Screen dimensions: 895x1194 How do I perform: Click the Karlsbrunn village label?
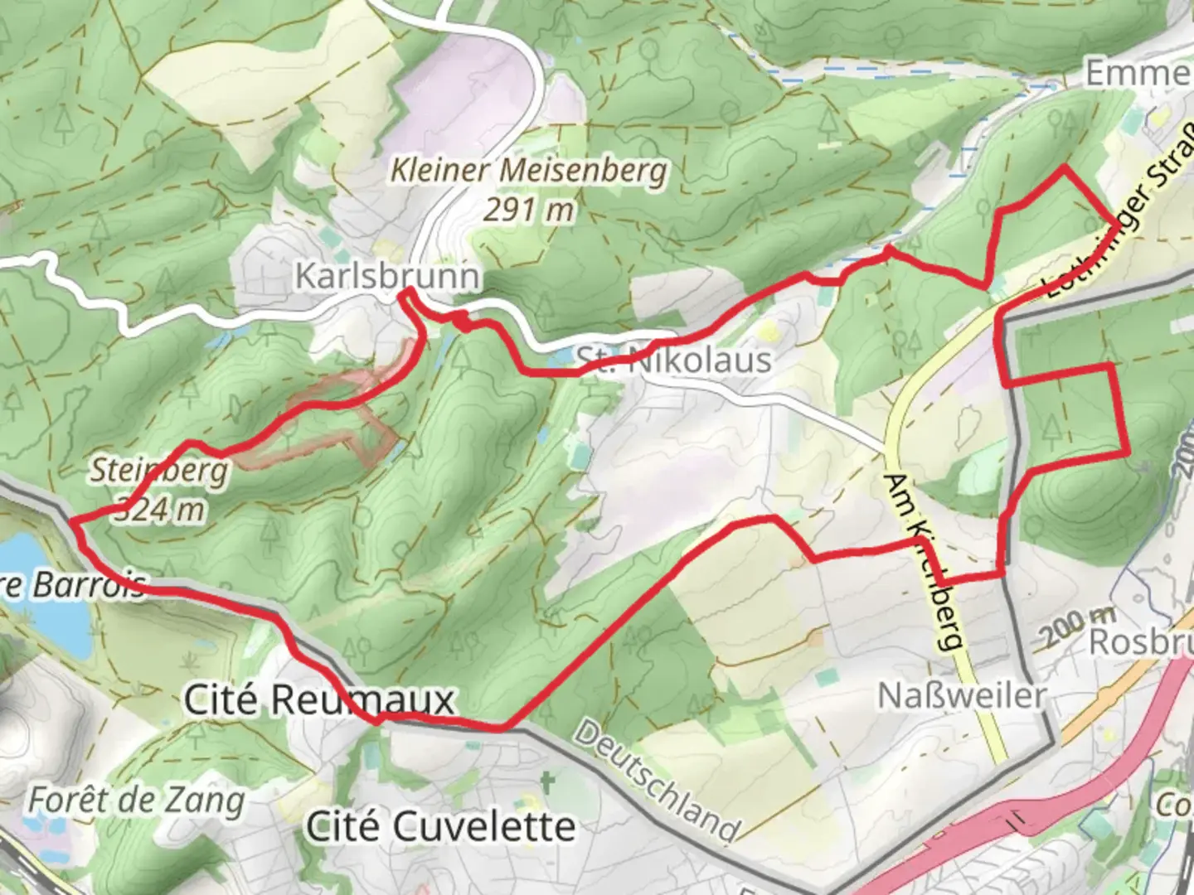[x=387, y=275]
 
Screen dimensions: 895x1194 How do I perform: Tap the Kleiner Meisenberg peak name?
[x=528, y=171]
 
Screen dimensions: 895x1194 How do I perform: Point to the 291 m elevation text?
[x=528, y=210]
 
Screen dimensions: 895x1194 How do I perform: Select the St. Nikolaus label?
[x=673, y=360]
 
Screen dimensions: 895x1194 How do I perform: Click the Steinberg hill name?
[x=158, y=471]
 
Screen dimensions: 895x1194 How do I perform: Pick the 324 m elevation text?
[x=158, y=509]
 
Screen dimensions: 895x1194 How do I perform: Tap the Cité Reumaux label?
[x=319, y=700]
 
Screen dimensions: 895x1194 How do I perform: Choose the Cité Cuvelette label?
[x=440, y=826]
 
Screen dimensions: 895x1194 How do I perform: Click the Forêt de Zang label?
[x=137, y=801]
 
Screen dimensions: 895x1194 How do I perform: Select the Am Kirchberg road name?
[x=926, y=562]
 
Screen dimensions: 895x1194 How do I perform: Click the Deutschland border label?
[x=656, y=780]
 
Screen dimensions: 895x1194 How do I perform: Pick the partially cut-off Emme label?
[x=1138, y=73]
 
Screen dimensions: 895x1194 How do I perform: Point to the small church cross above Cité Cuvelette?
[x=546, y=781]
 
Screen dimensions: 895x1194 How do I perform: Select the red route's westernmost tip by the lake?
[x=72, y=521]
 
